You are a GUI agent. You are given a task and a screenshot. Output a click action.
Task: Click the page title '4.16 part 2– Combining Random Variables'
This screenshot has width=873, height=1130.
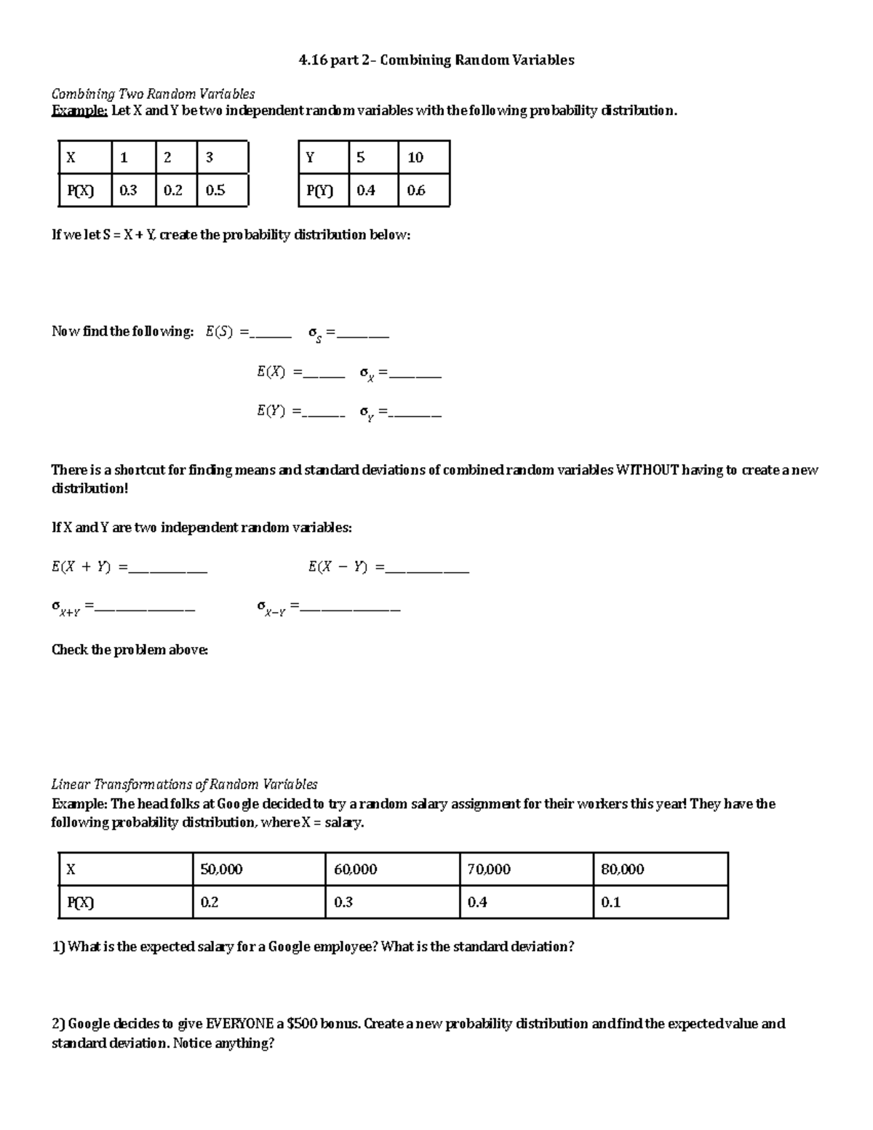pos(436,60)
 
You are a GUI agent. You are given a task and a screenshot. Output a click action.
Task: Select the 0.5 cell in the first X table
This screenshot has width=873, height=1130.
pos(221,191)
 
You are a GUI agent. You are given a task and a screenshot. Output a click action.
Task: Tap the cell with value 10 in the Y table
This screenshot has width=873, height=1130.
pos(423,158)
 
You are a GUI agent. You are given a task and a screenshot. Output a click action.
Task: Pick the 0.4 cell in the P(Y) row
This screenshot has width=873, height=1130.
pos(372,191)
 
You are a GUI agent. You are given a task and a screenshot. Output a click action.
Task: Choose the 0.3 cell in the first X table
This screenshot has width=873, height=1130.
pos(132,191)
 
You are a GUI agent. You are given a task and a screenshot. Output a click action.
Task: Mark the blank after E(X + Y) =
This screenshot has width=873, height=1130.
pos(167,569)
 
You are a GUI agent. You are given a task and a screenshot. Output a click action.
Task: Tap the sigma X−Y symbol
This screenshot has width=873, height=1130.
pos(271,608)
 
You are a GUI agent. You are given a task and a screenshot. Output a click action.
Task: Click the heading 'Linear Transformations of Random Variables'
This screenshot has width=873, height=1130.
pos(184,784)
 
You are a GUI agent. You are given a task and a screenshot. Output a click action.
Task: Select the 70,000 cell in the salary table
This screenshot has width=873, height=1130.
pos(525,870)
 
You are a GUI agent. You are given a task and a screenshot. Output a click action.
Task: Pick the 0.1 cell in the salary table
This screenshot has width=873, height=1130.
pos(659,902)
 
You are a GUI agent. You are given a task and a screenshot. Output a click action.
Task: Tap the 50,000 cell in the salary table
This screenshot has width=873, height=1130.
pos(258,870)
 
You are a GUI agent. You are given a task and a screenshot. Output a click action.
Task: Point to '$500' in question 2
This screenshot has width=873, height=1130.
pos(303,1024)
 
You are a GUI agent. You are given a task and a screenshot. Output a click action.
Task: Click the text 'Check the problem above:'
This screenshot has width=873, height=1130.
pos(129,650)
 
